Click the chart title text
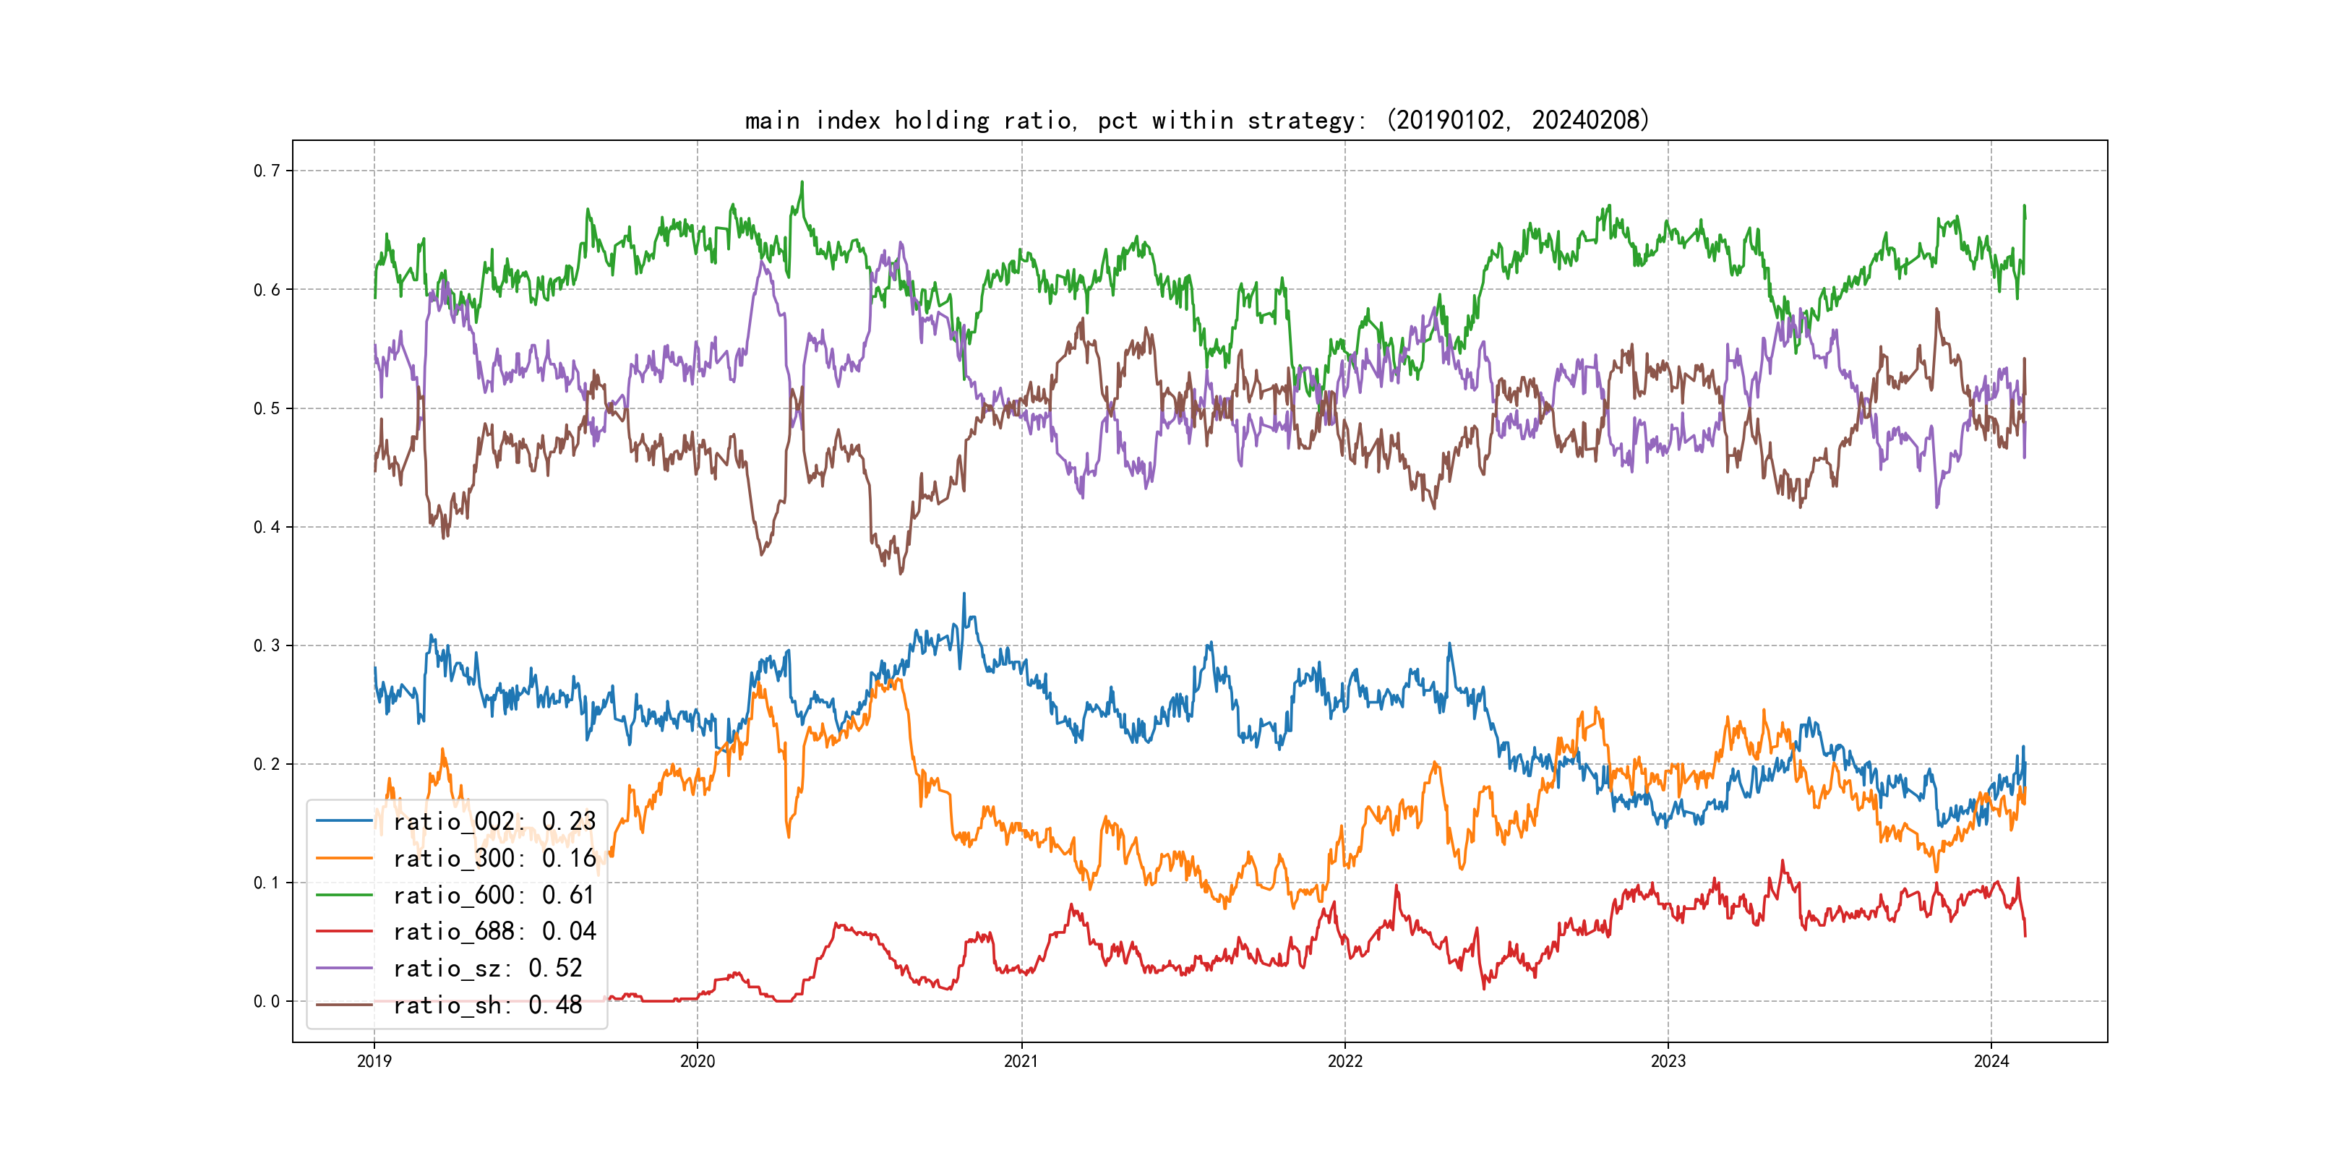tap(1196, 120)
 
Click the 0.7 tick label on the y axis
tap(267, 171)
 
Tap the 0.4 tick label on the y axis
tap(267, 528)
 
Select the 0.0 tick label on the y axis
tap(267, 1002)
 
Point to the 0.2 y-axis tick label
tap(267, 765)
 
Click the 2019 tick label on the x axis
tap(374, 1061)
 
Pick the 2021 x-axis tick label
tap(1021, 1061)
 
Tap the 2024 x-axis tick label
tap(1991, 1061)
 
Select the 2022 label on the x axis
tap(1344, 1061)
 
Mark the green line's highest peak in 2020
tap(802, 182)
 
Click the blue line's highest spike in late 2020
tap(964, 593)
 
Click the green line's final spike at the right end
tap(2025, 207)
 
